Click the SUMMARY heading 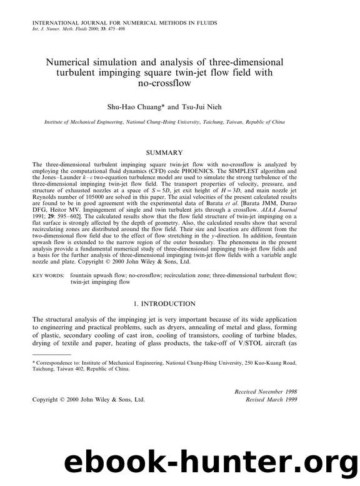[x=164, y=152]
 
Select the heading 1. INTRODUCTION [x=164, y=304]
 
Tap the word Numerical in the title [x=72, y=62]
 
